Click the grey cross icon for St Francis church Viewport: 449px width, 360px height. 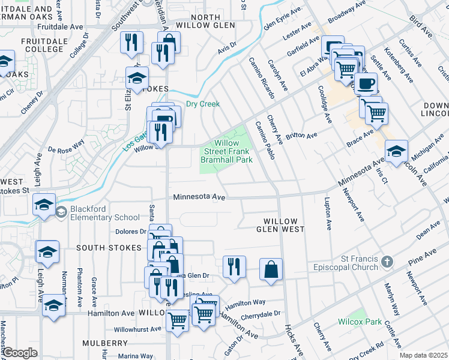(x=388, y=262)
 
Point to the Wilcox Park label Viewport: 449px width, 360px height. (x=360, y=322)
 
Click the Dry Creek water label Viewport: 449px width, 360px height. (x=203, y=104)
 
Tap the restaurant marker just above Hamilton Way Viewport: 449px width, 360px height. (x=234, y=268)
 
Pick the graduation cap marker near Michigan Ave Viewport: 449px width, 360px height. (x=396, y=152)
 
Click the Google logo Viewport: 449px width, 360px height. (x=20, y=353)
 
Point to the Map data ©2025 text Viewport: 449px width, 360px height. (x=423, y=355)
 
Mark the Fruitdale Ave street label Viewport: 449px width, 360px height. (x=60, y=28)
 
